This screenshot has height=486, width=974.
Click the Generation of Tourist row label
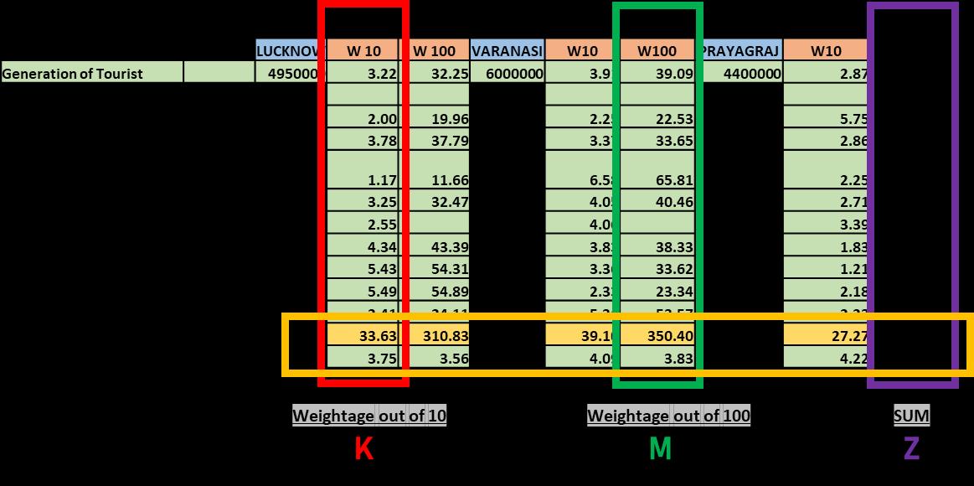pyautogui.click(x=73, y=74)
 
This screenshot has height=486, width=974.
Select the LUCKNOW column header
pyautogui.click(x=287, y=51)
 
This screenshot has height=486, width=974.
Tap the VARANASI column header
pyautogui.click(x=508, y=51)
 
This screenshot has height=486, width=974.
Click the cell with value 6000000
pyautogui.click(x=508, y=74)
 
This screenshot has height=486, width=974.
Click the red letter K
pyautogui.click(x=363, y=449)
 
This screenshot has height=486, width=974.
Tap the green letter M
pyautogui.click(x=660, y=449)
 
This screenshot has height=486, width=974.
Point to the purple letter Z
pyautogui.click(x=911, y=449)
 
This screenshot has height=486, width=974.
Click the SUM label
pyautogui.click(x=911, y=416)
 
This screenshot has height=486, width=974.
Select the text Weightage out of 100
pyautogui.click(x=668, y=416)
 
